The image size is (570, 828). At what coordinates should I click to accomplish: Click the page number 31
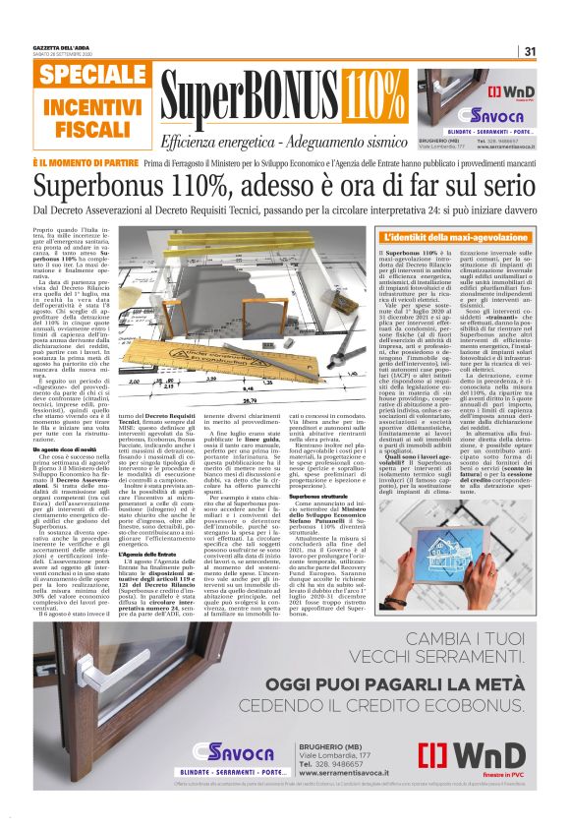pos(529,52)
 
